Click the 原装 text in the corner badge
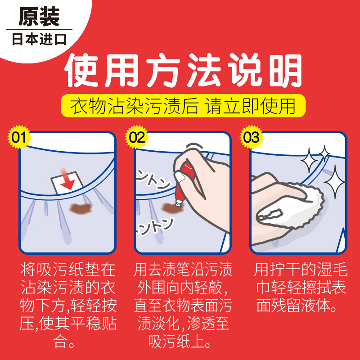[39, 17]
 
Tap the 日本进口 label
[39, 39]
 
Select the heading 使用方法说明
[183, 71]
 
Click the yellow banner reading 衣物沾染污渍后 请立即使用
[183, 106]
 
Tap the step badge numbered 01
[19, 137]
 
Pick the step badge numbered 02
[137, 137]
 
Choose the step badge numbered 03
[251, 137]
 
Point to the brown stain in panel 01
[81, 208]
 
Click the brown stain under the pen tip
[172, 208]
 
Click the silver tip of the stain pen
[178, 203]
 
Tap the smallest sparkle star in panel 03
[324, 153]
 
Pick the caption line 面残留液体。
[297, 306]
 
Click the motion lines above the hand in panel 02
[194, 146]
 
